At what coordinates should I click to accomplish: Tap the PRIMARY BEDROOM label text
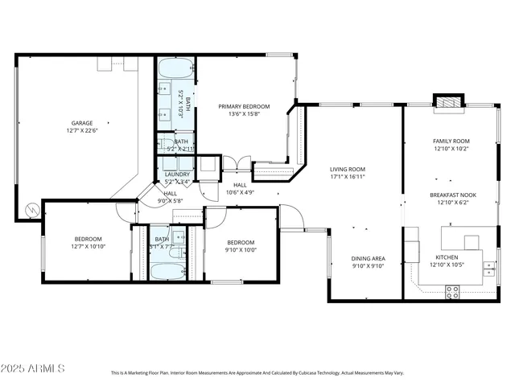245,106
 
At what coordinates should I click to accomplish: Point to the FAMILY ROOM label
451,141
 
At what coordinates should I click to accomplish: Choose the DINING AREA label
368,258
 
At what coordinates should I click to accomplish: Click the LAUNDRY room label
177,175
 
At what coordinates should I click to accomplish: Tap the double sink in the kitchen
488,269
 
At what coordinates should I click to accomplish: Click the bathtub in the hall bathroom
167,270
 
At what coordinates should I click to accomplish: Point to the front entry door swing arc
291,217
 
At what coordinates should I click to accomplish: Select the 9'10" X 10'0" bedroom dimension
240,250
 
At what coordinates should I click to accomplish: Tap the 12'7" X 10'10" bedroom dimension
89,246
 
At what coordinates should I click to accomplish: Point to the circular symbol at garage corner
31,210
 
